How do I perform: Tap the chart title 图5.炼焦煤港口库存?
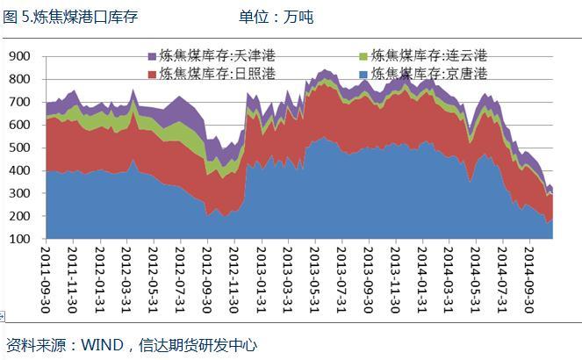coord(70,17)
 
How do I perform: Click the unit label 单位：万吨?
coord(275,17)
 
